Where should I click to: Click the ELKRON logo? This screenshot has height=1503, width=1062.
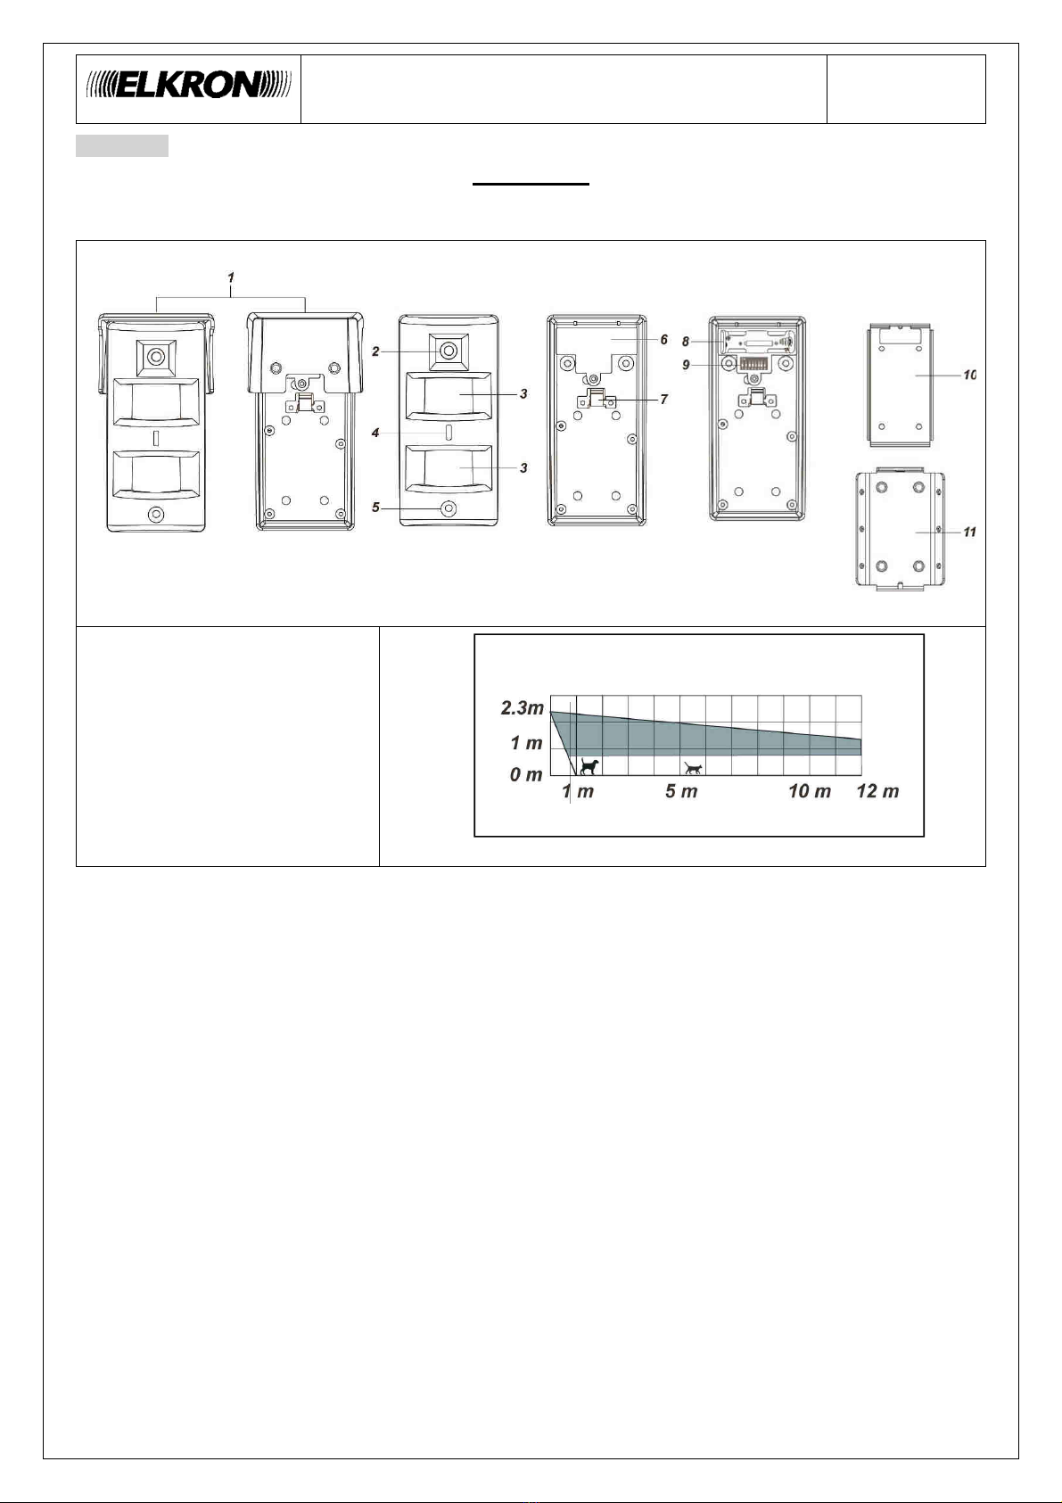[188, 85]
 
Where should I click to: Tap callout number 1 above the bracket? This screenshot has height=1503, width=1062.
[231, 277]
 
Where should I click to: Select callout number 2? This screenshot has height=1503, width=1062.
[375, 351]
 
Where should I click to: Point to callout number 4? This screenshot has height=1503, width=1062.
[375, 433]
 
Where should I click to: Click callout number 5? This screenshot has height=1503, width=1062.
[375, 508]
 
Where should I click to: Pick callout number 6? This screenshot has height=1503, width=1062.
[664, 340]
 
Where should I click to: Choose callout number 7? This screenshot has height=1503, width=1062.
[664, 400]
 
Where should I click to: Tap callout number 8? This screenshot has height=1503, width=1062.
[686, 342]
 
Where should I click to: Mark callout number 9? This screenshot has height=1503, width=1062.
[686, 365]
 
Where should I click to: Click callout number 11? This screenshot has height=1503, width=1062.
[969, 533]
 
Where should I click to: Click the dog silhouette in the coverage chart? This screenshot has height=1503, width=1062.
[589, 765]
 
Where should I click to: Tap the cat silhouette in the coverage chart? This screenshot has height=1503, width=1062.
[693, 768]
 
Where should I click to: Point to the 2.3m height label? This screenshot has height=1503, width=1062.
[522, 708]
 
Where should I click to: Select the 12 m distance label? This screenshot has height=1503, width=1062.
[877, 791]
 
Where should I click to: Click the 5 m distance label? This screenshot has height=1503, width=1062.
[681, 791]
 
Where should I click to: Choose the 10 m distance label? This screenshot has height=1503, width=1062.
[810, 791]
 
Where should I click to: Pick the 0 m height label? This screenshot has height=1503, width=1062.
[526, 774]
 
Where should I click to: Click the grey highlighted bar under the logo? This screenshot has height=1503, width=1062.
[122, 145]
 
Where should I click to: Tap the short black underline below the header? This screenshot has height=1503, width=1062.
[531, 184]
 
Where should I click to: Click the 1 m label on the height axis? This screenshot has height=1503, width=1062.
[526, 743]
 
